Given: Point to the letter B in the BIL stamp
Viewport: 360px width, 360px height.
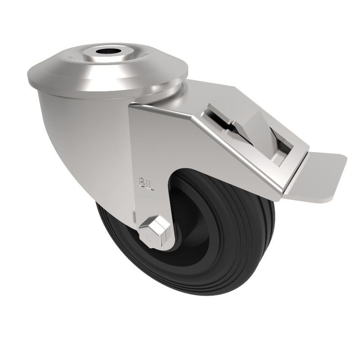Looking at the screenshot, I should (142, 183).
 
